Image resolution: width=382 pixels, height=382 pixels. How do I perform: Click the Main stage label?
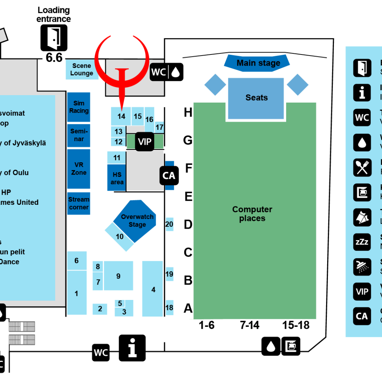point(258,63)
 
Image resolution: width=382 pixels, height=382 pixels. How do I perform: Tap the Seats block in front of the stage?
point(256,98)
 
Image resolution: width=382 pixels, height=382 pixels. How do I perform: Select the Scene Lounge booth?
point(81,69)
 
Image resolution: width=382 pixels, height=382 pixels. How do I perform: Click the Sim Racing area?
point(79,107)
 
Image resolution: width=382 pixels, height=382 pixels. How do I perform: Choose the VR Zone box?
point(79,169)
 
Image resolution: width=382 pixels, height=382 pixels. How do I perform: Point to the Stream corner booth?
point(79,203)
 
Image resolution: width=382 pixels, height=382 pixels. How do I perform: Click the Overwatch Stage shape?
point(137,221)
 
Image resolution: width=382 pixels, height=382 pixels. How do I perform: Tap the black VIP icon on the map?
point(144,142)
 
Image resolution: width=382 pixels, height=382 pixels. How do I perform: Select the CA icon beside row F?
point(169,175)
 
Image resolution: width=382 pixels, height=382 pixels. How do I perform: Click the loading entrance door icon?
point(54,38)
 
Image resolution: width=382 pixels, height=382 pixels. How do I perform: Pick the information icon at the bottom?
point(132,348)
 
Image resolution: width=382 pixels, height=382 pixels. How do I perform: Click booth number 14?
point(121,116)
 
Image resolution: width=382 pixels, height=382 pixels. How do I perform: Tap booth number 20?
point(169,224)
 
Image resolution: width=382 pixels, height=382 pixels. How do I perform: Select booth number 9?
point(118,276)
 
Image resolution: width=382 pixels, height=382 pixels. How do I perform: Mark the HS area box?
point(117,178)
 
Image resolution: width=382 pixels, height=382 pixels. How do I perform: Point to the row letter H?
point(188,112)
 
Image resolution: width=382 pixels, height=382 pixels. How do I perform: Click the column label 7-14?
point(250,325)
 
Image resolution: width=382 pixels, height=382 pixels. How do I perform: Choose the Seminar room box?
point(79,135)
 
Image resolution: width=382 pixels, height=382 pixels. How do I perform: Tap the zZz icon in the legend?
point(362,242)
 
